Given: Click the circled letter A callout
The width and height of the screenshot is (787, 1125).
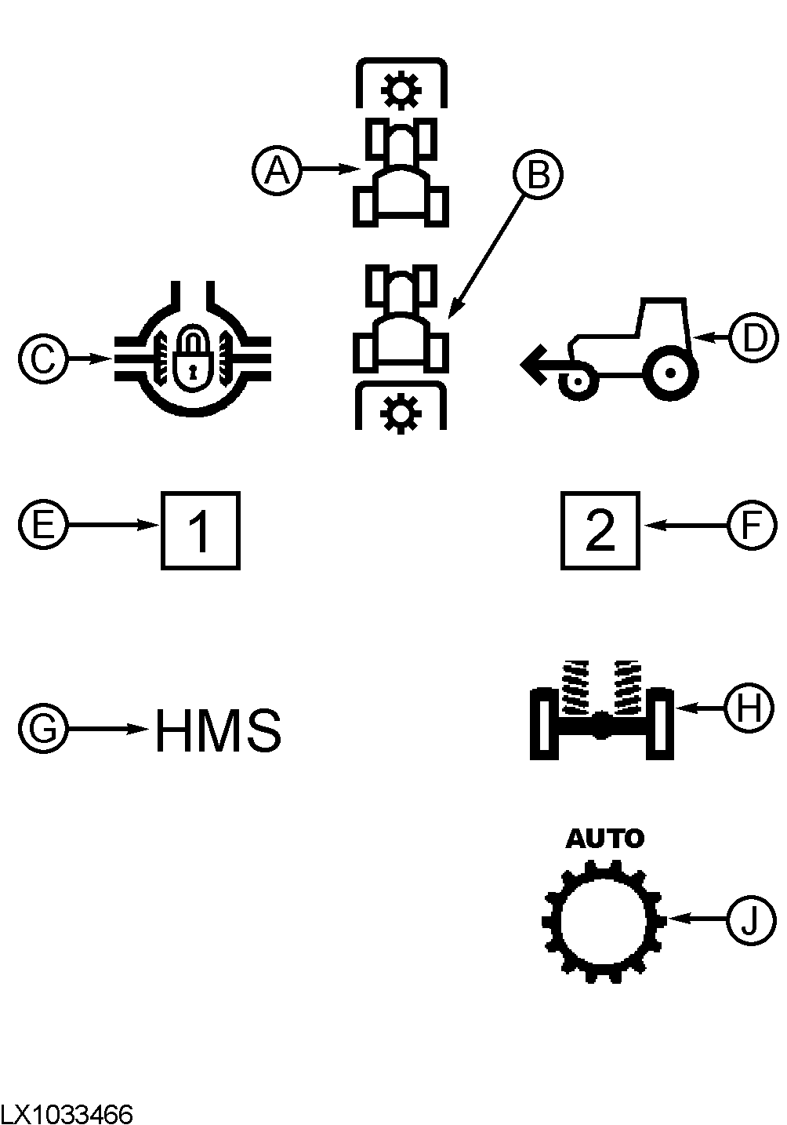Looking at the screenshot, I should point(276,169).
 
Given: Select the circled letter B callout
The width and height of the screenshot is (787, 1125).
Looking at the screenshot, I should point(539,174).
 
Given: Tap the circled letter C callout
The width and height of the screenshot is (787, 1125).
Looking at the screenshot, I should point(43,359).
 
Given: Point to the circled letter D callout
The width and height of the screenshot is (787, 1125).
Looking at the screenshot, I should point(752,338).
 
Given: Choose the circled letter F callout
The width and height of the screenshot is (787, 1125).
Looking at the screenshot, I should point(752,525).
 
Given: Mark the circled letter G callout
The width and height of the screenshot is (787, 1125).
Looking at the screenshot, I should point(43,729).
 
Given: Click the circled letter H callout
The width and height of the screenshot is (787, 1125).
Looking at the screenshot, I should point(749,708).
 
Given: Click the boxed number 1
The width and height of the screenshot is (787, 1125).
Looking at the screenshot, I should point(201,530).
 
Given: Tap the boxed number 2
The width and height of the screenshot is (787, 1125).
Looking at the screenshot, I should point(600,530).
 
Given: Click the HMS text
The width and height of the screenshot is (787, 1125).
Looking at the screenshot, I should point(218,730).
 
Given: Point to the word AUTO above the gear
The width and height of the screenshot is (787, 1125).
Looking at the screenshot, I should point(604,839).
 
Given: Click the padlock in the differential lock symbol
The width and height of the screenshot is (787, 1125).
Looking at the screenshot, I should point(192,357).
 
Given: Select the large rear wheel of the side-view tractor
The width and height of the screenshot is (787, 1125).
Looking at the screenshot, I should point(670,373).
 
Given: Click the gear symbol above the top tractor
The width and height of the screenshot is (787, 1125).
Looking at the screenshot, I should point(401,91).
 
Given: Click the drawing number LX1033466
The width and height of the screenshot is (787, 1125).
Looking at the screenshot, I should point(67,1114).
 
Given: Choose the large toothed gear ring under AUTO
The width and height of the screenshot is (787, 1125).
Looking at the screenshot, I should point(604,919).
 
